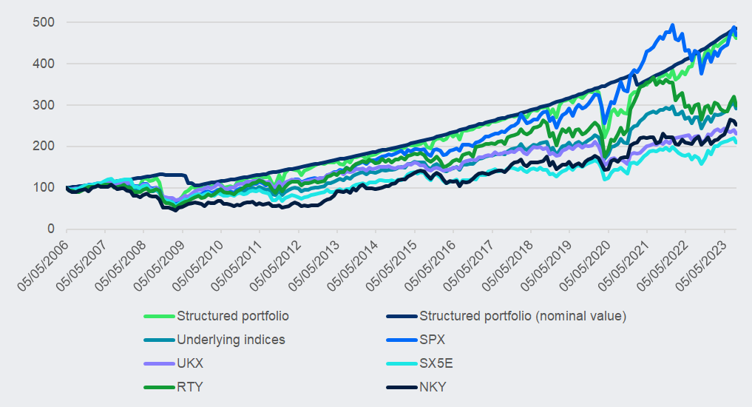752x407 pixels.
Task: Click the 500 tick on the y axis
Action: (x=44, y=22)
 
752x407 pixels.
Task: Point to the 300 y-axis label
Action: (x=44, y=105)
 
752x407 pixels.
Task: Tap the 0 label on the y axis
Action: (x=50, y=229)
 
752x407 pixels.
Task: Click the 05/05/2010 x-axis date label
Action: (x=200, y=267)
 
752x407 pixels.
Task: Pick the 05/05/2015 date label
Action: (x=394, y=267)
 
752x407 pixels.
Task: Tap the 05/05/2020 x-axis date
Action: (x=588, y=267)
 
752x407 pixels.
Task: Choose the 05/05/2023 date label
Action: (x=704, y=267)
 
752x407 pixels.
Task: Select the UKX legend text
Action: (x=190, y=363)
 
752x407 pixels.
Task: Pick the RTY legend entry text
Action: (x=189, y=387)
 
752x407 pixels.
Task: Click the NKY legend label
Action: (x=433, y=387)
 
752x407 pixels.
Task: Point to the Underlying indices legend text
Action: (x=231, y=340)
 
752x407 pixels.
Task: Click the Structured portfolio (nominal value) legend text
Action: (x=523, y=316)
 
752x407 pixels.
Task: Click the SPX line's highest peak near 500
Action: (x=672, y=25)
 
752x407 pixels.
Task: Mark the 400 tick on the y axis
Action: (x=44, y=64)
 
